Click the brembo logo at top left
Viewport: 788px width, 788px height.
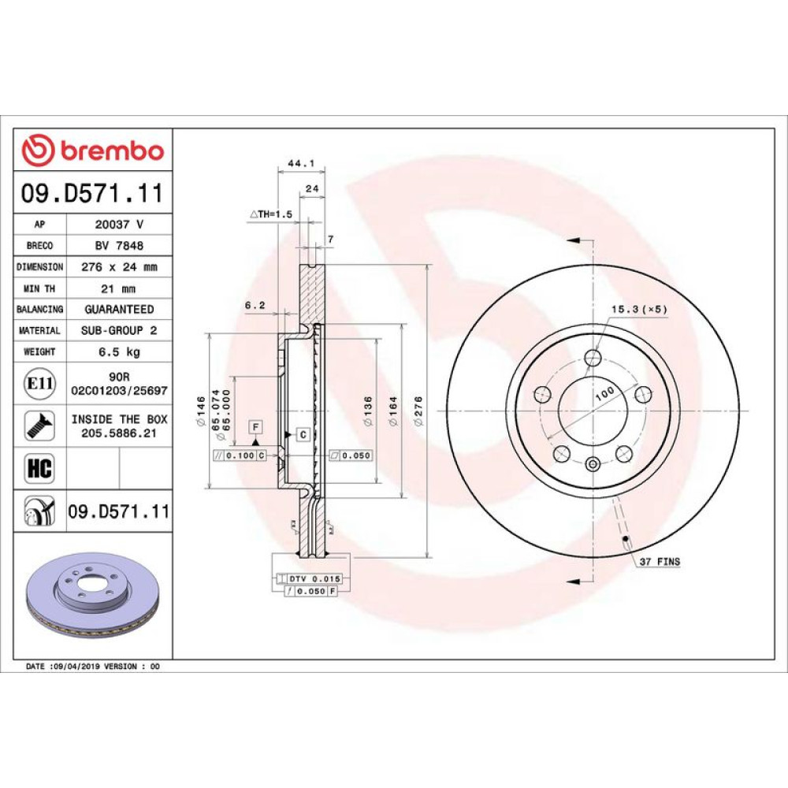tap(93, 150)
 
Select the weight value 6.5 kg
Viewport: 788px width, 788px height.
tap(119, 351)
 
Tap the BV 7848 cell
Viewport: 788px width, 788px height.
tap(119, 245)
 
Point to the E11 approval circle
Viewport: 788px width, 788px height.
tap(39, 384)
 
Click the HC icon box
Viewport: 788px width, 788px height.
tap(39, 468)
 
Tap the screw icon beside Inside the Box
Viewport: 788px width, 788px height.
tap(39, 426)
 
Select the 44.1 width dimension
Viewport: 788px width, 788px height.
tap(301, 163)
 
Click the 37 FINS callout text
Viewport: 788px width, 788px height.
tap(660, 561)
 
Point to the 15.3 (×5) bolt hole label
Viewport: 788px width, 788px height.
tap(639, 309)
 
